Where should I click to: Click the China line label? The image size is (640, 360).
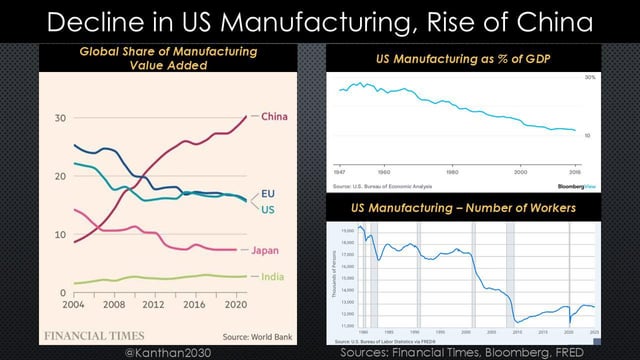coord(274,117)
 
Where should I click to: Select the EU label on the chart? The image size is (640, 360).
coord(268,193)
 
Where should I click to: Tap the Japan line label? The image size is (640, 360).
coord(265,250)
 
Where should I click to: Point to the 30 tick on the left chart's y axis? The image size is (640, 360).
coord(60,118)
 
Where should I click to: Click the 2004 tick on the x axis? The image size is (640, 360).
coord(74,304)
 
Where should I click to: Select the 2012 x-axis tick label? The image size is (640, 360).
coord(152,304)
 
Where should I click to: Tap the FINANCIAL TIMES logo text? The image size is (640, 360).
coord(93,335)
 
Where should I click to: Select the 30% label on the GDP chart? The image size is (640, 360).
coord(590,77)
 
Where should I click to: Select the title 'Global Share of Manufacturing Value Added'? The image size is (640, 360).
coord(167,58)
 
